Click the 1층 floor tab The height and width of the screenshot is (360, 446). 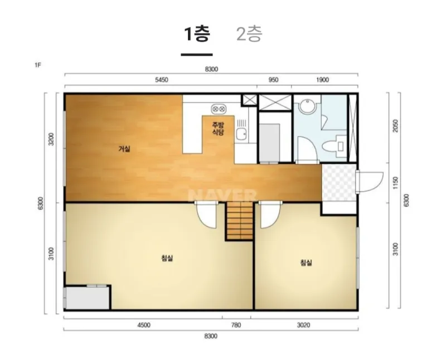coord(197,34)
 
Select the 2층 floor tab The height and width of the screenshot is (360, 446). coord(249,34)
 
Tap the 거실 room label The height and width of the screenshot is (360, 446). coord(124,149)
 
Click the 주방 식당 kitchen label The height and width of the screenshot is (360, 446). coord(218,129)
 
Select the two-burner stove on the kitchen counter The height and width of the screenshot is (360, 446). coord(219,109)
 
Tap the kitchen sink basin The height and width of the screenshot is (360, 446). coord(241,134)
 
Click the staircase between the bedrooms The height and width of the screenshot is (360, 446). coord(240,221)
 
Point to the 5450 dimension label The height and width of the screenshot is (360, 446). coord(161,80)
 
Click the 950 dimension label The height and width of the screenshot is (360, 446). coord(273,80)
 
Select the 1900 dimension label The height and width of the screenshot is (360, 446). coord(322,80)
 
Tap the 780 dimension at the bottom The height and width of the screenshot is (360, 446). coord(236,325)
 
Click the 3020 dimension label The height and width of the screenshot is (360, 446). coord(303,325)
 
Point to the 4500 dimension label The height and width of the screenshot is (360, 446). coord(144,325)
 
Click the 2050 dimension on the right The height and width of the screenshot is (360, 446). coord(395,126)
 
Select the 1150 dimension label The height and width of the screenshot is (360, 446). coord(395,183)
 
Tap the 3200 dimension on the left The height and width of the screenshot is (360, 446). coord(51,139)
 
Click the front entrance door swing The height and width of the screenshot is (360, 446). coord(370,182)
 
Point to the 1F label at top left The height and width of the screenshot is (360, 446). coord(38,65)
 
